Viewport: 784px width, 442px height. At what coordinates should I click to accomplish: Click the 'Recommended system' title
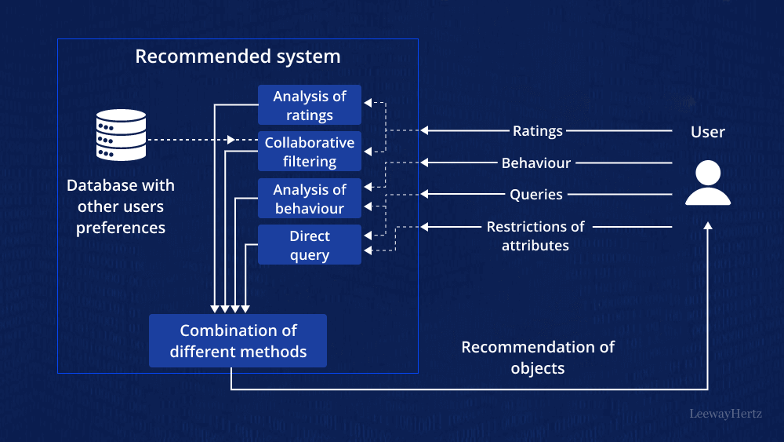(238, 57)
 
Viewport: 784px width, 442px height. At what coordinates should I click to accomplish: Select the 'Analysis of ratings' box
(310, 105)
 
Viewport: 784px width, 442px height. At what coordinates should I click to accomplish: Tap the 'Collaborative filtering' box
(310, 152)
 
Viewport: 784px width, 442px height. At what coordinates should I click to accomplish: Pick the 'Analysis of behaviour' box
(310, 199)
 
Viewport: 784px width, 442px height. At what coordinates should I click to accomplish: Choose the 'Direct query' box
(310, 245)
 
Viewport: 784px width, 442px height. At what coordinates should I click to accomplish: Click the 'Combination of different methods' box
(238, 341)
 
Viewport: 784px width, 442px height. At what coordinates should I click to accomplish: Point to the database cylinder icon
(121, 135)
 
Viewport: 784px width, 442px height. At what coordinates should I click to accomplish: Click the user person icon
(707, 184)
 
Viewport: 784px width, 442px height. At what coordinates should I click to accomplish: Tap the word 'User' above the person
(707, 132)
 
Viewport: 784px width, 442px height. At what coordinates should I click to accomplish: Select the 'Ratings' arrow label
(537, 131)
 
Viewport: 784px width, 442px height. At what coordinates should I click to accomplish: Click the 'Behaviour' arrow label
(536, 163)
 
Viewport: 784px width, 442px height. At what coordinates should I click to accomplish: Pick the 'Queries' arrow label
(536, 195)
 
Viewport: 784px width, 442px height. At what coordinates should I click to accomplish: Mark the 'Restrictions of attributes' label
(535, 236)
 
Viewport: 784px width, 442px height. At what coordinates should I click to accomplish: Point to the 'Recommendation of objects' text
(538, 357)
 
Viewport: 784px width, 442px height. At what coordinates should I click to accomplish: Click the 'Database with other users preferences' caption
(121, 206)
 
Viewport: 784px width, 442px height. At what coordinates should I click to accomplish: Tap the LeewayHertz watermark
(725, 414)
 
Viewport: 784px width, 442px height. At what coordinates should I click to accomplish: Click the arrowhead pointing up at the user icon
(708, 226)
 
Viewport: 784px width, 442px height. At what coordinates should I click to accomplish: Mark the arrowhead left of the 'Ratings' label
(425, 130)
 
